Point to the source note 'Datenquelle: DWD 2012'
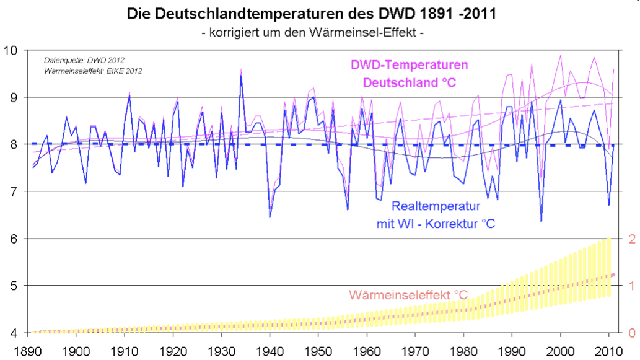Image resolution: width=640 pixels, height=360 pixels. click(84, 61)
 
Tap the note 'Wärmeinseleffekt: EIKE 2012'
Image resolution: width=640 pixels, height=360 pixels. click(94, 71)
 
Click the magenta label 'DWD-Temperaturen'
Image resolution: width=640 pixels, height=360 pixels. click(409, 65)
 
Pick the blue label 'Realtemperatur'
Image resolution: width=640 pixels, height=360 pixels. click(436, 206)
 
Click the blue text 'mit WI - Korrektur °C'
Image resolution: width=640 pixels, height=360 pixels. click(436, 222)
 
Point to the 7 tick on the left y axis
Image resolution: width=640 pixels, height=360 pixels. click(15, 191)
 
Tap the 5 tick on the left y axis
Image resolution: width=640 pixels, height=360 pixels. click(15, 286)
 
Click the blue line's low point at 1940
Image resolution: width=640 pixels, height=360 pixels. click(270, 217)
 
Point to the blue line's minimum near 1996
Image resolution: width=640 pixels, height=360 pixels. click(541, 221)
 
